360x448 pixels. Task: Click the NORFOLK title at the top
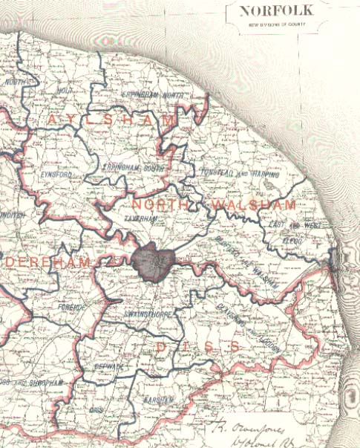click(x=275, y=10)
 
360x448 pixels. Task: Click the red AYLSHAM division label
click(x=112, y=120)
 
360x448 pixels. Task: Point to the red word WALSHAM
click(x=252, y=204)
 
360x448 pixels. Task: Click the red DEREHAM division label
click(x=49, y=264)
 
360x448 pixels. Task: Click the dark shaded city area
click(x=153, y=262)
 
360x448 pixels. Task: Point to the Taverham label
click(x=145, y=220)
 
